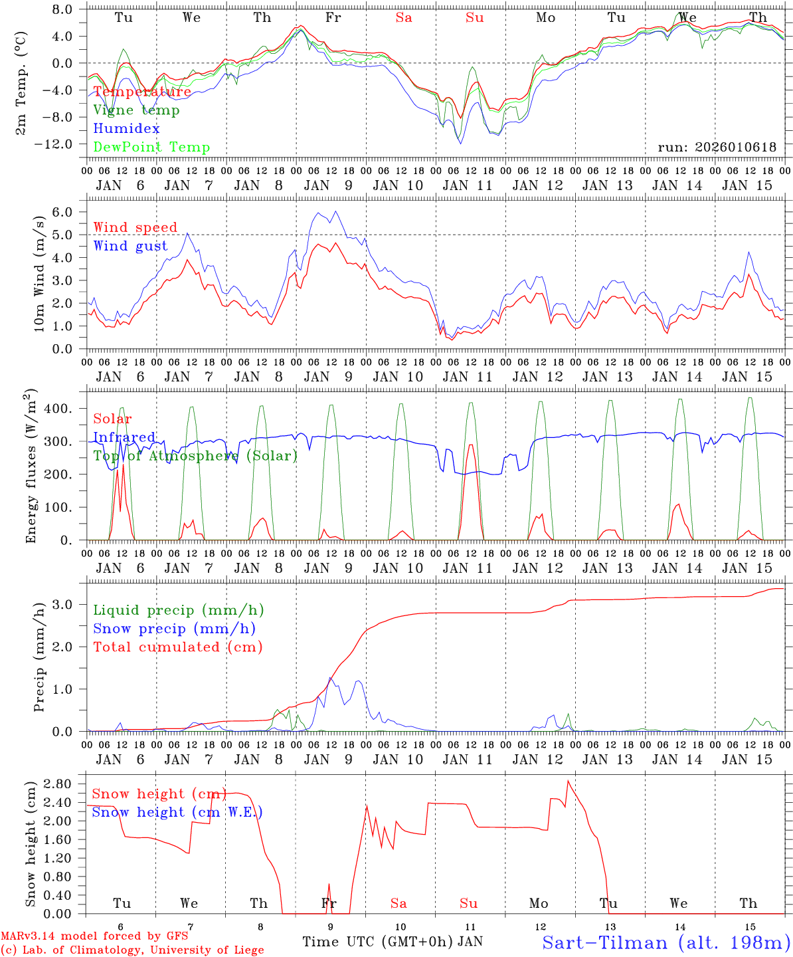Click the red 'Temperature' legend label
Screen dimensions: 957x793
coord(142,92)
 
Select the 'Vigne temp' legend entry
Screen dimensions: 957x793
coord(136,110)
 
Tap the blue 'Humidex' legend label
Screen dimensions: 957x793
coord(126,129)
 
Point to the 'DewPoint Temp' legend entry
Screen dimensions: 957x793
coord(151,148)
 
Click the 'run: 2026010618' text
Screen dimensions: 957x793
coord(717,148)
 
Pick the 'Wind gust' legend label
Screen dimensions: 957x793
coord(130,246)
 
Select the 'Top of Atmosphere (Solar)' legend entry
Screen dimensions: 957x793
coord(195,456)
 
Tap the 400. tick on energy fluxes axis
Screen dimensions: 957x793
coord(58,409)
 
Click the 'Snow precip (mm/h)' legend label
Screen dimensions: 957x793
coord(174,629)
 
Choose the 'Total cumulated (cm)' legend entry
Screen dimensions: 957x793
coord(177,647)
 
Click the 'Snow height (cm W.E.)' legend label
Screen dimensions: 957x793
coord(177,812)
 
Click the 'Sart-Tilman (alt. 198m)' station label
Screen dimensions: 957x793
coord(665,943)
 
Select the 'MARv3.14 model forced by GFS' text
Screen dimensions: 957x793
coord(94,936)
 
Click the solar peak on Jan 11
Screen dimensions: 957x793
coord(471,445)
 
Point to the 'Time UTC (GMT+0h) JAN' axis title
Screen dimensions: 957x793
coord(393,942)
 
